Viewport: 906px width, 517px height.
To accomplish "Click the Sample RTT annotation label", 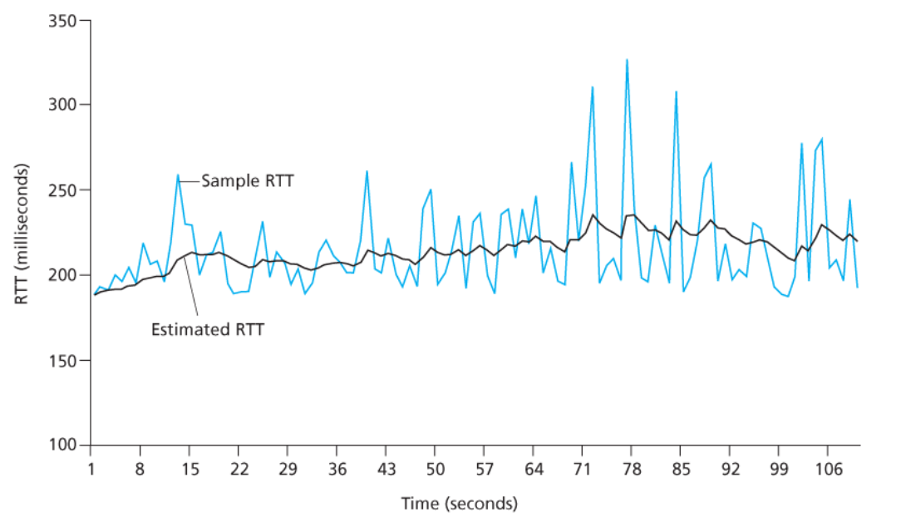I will tap(247, 180).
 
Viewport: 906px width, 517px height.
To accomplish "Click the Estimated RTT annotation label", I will tap(207, 329).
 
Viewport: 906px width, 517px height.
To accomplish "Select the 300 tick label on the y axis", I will tap(61, 106).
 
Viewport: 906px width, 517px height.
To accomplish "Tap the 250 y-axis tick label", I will tap(61, 190).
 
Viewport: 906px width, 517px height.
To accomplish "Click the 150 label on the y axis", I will tap(61, 361).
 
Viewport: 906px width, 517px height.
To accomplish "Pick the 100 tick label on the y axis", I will tap(61, 446).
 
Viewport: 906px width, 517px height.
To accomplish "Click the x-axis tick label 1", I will tap(90, 469).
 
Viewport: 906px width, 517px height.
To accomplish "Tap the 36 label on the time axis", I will tap(337, 469).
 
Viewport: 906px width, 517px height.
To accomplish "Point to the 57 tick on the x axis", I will tap(485, 469).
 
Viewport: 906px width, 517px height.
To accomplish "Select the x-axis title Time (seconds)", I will tap(459, 503).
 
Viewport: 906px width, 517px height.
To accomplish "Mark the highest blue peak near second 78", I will tap(627, 60).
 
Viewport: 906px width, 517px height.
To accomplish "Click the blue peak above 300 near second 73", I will tap(593, 87).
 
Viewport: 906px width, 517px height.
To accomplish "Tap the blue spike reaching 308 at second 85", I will tap(676, 91).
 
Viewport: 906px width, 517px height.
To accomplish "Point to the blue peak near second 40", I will tap(367, 171).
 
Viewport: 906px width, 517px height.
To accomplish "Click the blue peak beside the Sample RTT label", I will tap(178, 175).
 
